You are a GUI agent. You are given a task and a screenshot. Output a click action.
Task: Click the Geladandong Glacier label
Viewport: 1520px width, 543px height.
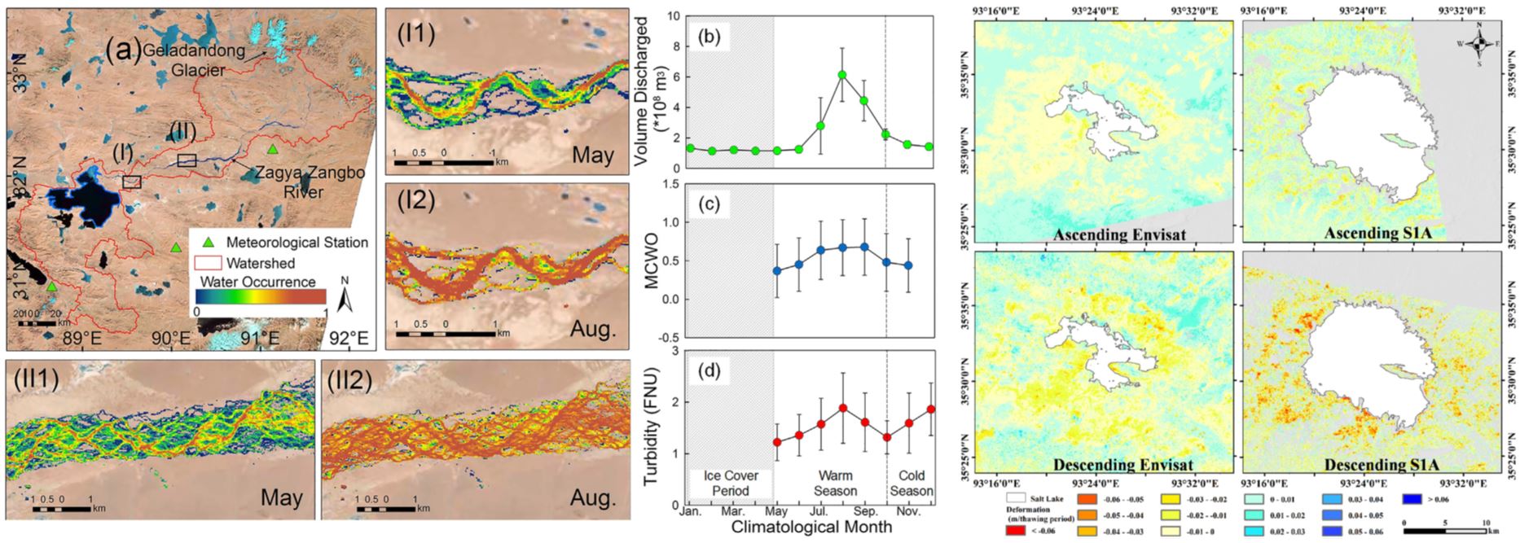pyautogui.click(x=198, y=60)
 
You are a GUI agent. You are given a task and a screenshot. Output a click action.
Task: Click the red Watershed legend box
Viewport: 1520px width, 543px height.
pyautogui.click(x=207, y=263)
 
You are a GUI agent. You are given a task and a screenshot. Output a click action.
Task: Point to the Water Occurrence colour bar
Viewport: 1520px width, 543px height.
pyautogui.click(x=260, y=296)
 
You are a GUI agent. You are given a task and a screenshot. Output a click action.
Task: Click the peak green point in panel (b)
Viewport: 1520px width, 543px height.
pyautogui.click(x=842, y=75)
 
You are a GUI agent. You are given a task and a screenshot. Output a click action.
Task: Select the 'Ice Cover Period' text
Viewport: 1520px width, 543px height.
pyautogui.click(x=731, y=484)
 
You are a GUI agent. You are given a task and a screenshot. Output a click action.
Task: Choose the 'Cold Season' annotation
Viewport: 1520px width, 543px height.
pyautogui.click(x=912, y=484)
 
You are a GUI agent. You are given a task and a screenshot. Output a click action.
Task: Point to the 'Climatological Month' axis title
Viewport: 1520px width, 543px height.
pyautogui.click(x=811, y=527)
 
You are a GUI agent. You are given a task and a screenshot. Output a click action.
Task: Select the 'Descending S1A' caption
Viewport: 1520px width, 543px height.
pyautogui.click(x=1373, y=465)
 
